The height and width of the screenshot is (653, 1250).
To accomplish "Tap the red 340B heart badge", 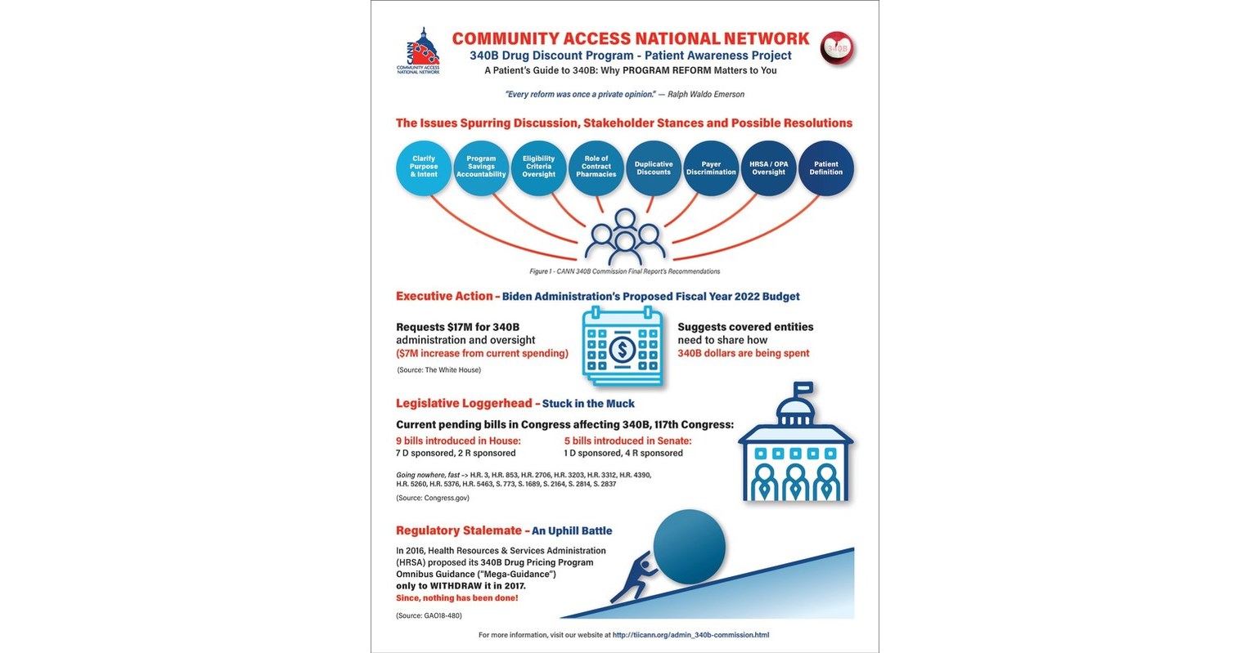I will (837, 48).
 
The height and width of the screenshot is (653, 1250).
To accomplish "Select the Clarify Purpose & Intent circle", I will (424, 168).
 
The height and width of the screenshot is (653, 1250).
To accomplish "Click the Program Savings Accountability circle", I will (481, 168).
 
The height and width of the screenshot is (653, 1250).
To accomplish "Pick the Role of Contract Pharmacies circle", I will (596, 168).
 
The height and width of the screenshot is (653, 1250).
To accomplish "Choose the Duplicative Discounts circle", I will (654, 168).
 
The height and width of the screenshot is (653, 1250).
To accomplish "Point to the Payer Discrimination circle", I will (711, 168).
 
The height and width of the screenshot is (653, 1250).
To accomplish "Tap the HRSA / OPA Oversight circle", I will (769, 168).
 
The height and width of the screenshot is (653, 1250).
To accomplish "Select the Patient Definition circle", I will (826, 168).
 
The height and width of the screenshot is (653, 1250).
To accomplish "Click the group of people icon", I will (625, 238).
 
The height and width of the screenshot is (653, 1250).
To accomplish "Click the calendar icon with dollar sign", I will (623, 347).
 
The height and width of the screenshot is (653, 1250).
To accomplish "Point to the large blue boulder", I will (689, 546).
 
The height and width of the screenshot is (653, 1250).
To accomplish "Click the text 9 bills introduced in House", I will (458, 441).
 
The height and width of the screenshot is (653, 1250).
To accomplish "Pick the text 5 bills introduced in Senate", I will (628, 441).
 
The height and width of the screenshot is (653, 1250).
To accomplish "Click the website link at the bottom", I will (690, 635).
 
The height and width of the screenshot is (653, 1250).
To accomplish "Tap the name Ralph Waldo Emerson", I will (706, 95).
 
